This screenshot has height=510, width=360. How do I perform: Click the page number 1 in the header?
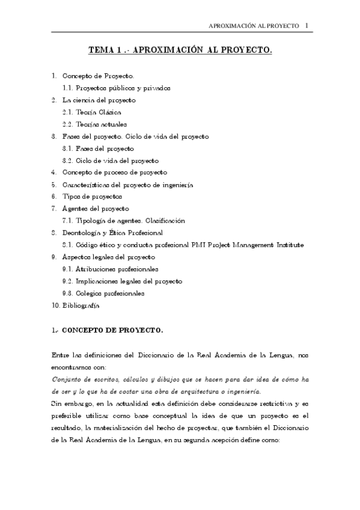[x=307, y=26]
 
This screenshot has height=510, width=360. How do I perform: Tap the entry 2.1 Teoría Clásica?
[x=92, y=112]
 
